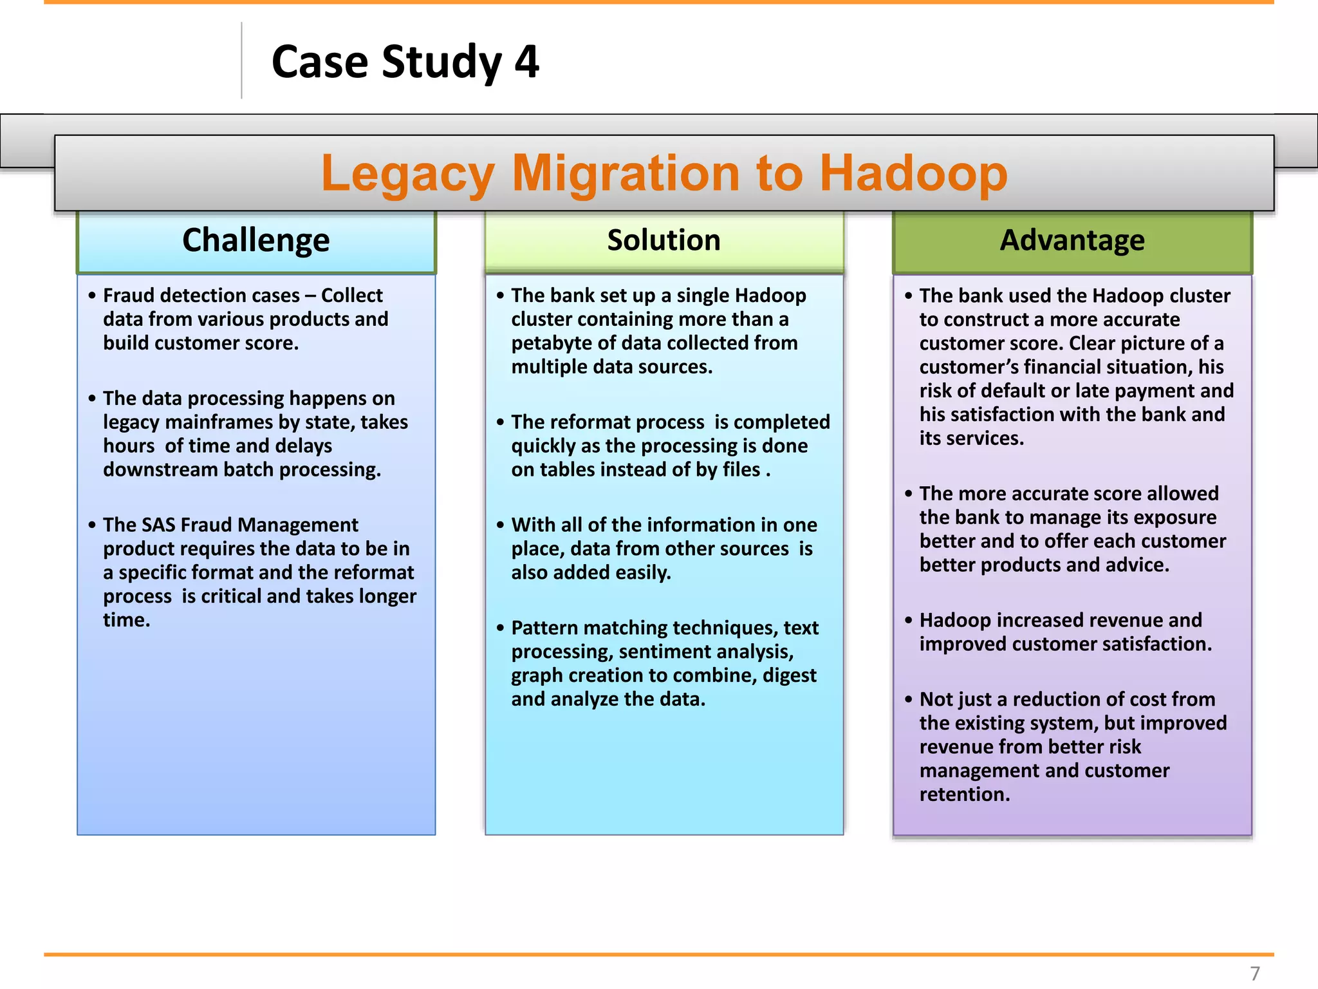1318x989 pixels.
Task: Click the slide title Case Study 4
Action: click(x=405, y=62)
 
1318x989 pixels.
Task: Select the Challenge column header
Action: click(x=255, y=240)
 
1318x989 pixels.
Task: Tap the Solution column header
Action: click(x=664, y=240)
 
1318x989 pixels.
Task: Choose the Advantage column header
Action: click(x=1072, y=240)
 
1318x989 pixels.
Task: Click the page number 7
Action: click(x=1254, y=973)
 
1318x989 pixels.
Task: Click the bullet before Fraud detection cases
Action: click(x=92, y=296)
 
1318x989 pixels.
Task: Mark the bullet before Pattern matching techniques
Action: click(x=500, y=628)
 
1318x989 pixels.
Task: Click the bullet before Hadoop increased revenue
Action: click(x=908, y=620)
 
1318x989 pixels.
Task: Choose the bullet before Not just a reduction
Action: click(x=908, y=699)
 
